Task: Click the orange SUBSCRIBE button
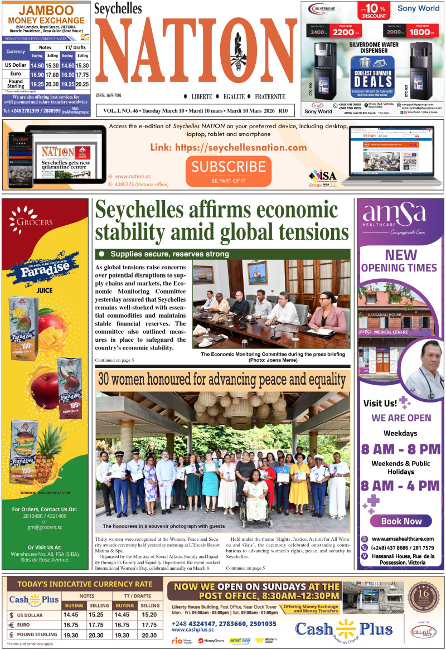pyautogui.click(x=229, y=169)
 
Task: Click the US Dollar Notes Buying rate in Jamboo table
pyautogui.click(x=37, y=65)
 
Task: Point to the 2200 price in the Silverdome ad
pyautogui.click(x=343, y=32)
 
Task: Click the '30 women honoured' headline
pyautogui.click(x=222, y=380)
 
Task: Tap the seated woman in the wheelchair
pyautogui.click(x=255, y=491)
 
